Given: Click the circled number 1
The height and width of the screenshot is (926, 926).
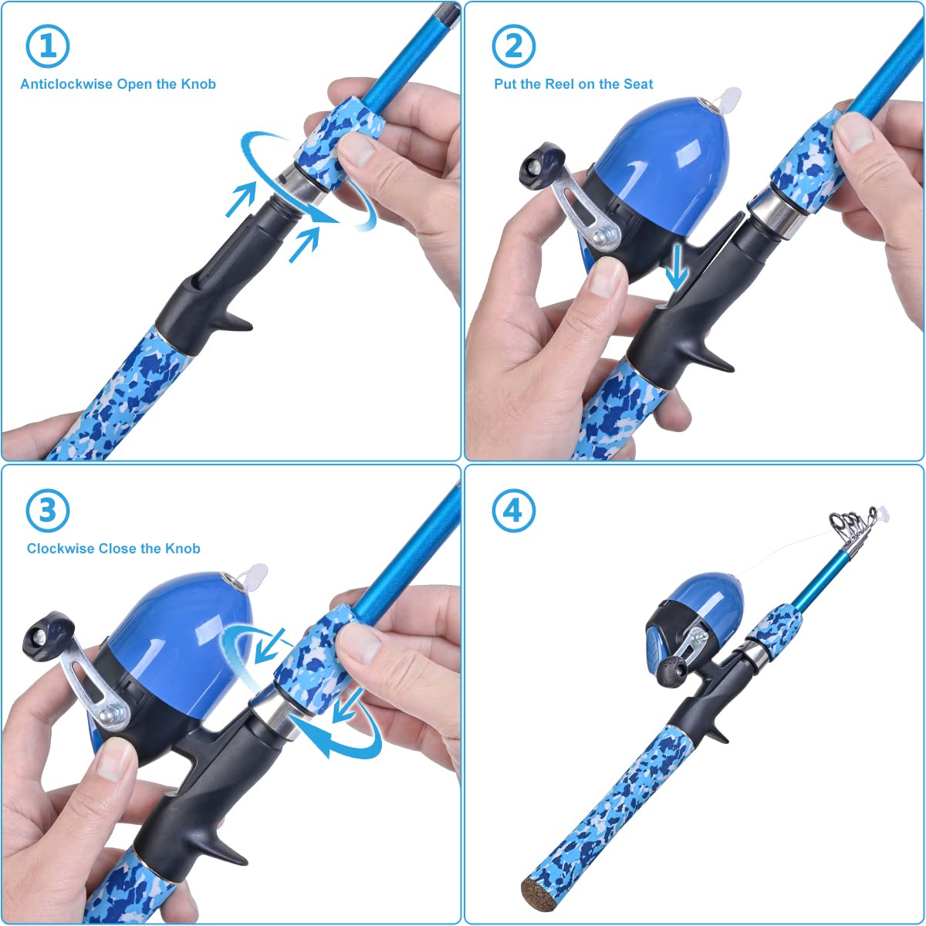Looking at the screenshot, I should pos(48,46).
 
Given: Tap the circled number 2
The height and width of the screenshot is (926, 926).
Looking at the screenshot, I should pos(513,46).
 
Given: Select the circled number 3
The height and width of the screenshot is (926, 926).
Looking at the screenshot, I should pos(48,510).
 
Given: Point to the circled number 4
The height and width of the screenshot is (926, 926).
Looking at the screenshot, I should pos(513,510).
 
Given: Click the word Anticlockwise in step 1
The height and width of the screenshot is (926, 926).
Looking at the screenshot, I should pos(66,84).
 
